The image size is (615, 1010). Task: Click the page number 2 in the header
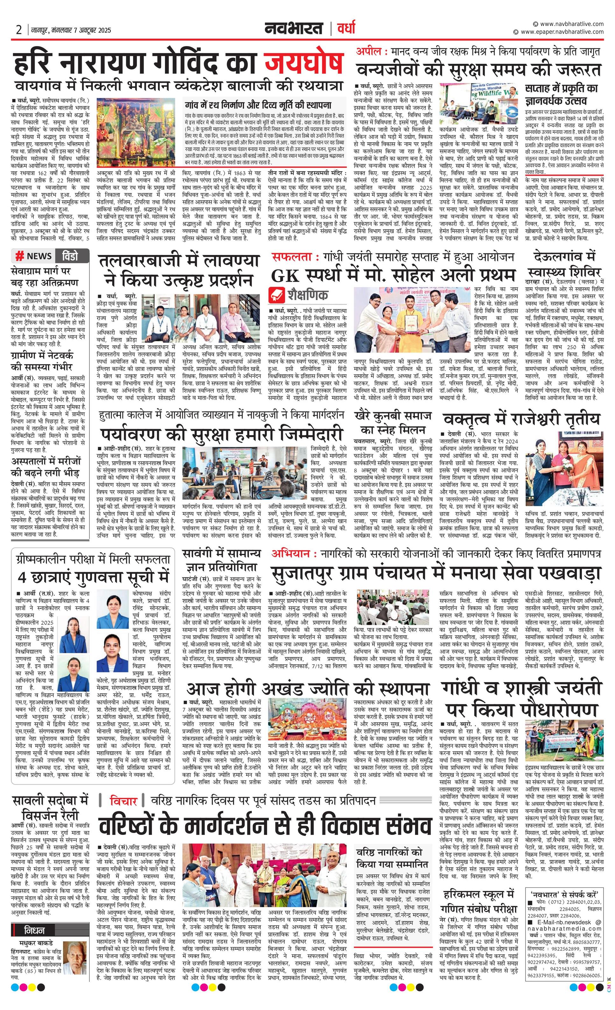[19, 30]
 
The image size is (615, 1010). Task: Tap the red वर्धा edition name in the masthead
[346, 28]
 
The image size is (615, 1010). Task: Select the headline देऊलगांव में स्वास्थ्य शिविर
[564, 265]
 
